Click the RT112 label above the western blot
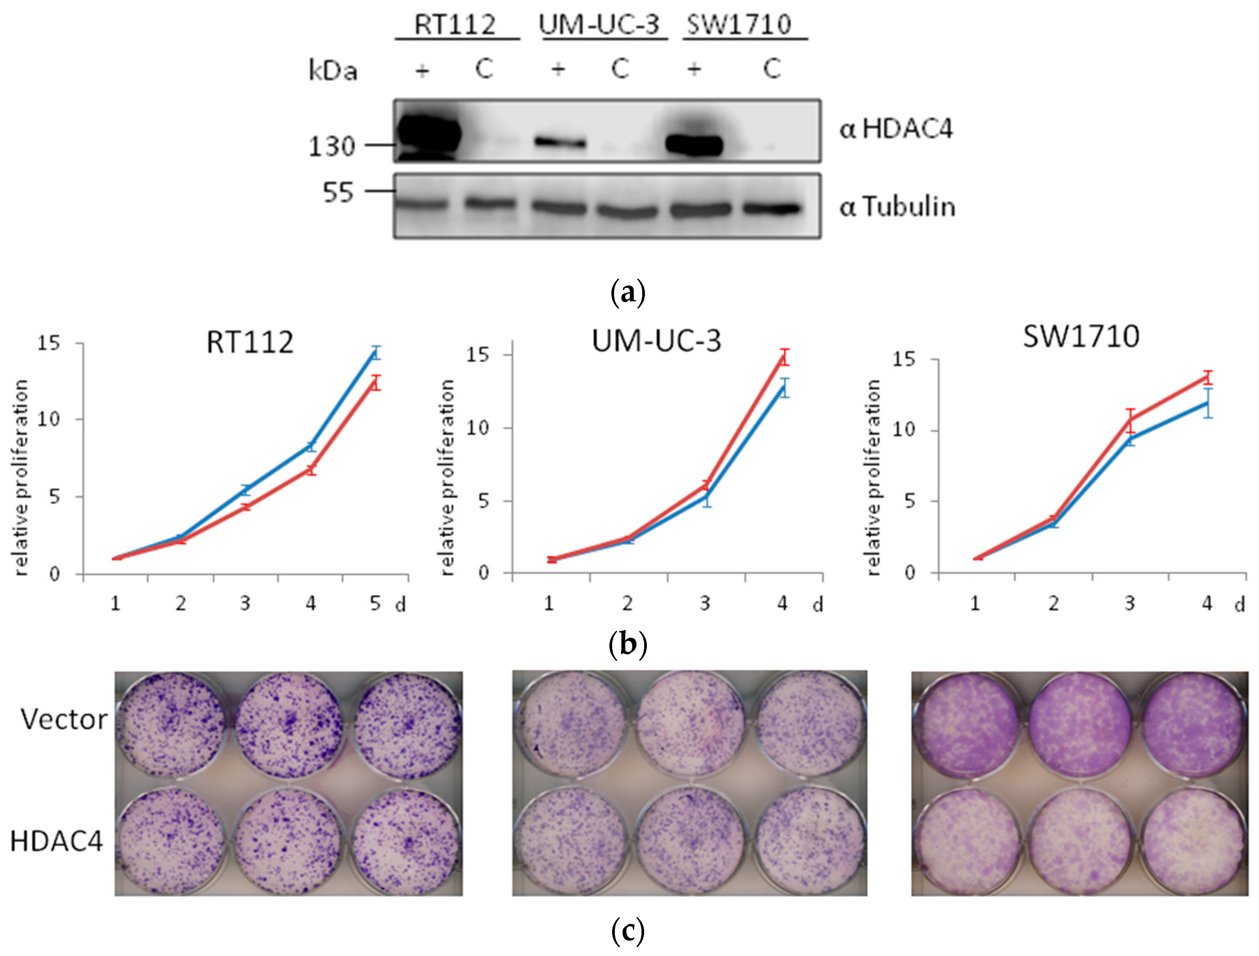click(455, 25)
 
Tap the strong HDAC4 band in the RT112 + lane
click(428, 134)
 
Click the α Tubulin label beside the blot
click(897, 207)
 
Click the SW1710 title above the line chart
click(1081, 336)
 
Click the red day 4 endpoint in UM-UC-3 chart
click(785, 357)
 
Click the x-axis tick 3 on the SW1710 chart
click(1130, 603)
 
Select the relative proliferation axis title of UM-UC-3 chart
click(448, 477)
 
